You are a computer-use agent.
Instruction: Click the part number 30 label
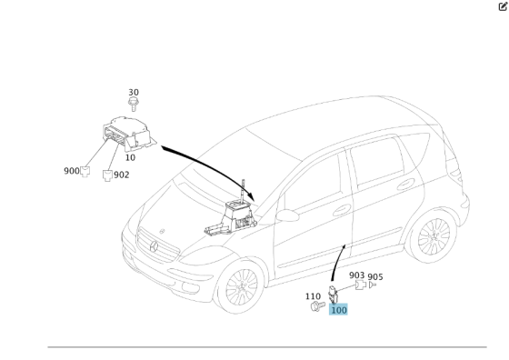134,93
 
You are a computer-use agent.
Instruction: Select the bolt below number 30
134,105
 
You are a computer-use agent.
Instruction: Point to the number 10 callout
130,157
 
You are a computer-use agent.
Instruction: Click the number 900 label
72,171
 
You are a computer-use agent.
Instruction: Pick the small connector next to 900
85,169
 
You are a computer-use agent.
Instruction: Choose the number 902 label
122,175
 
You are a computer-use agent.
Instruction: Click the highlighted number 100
338,310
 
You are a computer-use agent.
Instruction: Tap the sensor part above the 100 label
334,294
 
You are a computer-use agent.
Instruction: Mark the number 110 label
313,296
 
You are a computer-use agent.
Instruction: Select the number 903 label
356,275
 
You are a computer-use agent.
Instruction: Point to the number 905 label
374,276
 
